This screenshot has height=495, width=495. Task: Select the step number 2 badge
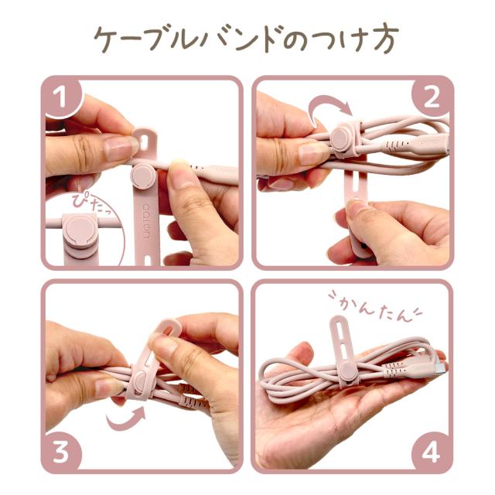point(433,96)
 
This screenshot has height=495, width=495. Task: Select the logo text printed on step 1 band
point(149,224)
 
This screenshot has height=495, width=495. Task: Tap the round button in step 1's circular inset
point(79,231)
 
